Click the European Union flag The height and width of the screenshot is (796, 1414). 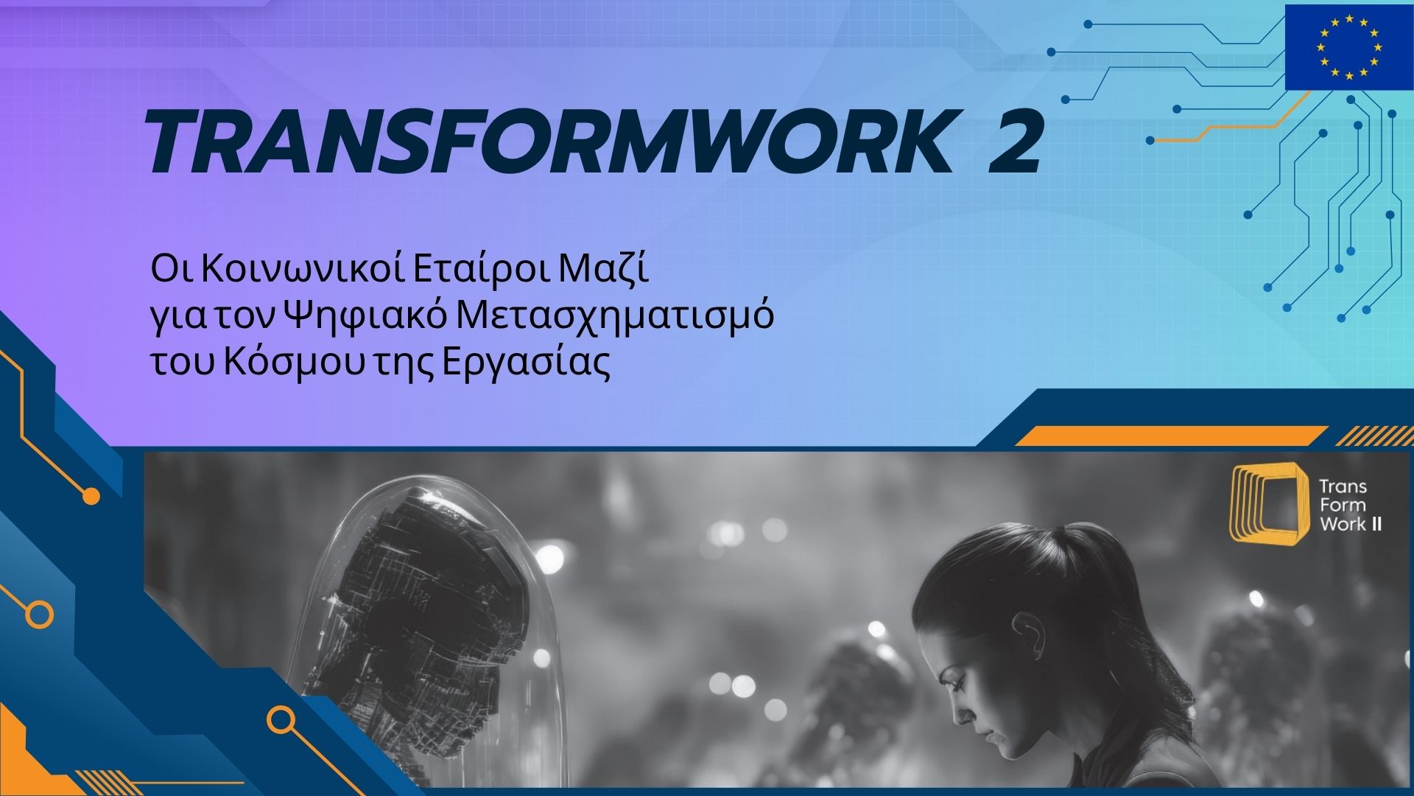tap(1348, 46)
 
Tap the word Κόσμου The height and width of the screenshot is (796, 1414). tap(295, 363)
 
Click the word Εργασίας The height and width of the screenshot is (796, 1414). tap(527, 363)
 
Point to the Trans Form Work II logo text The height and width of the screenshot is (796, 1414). tap(1349, 506)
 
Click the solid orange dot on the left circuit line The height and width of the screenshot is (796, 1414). tap(91, 496)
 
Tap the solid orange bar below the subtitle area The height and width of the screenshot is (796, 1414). tap(1171, 436)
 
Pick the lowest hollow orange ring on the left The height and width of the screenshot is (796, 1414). tap(281, 720)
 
